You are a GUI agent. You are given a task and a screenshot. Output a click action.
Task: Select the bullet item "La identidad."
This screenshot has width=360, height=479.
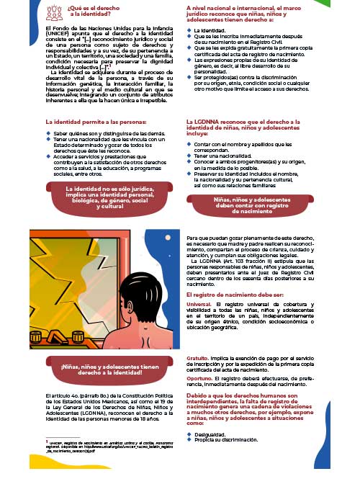[210, 31]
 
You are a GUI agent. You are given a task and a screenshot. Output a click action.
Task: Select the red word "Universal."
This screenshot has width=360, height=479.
[201, 305]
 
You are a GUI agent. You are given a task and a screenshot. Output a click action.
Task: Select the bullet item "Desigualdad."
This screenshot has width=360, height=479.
[210, 434]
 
